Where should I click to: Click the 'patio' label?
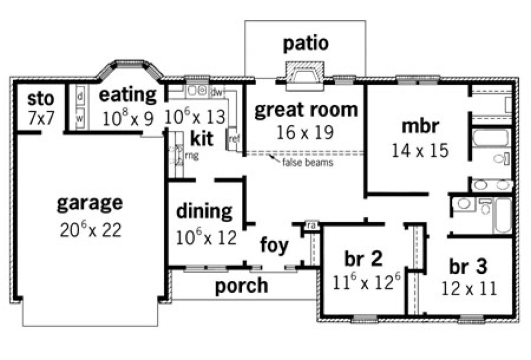305,43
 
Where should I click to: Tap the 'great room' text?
306,110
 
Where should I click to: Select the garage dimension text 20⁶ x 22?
90,229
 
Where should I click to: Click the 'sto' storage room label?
41,99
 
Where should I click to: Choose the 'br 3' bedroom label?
468,266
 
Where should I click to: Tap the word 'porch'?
241,285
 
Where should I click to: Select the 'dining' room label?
204,211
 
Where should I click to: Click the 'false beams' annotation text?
306,162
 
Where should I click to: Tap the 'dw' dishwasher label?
217,92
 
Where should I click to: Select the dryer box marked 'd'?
80,97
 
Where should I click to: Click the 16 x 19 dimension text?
306,132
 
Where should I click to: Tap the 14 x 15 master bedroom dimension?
420,150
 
